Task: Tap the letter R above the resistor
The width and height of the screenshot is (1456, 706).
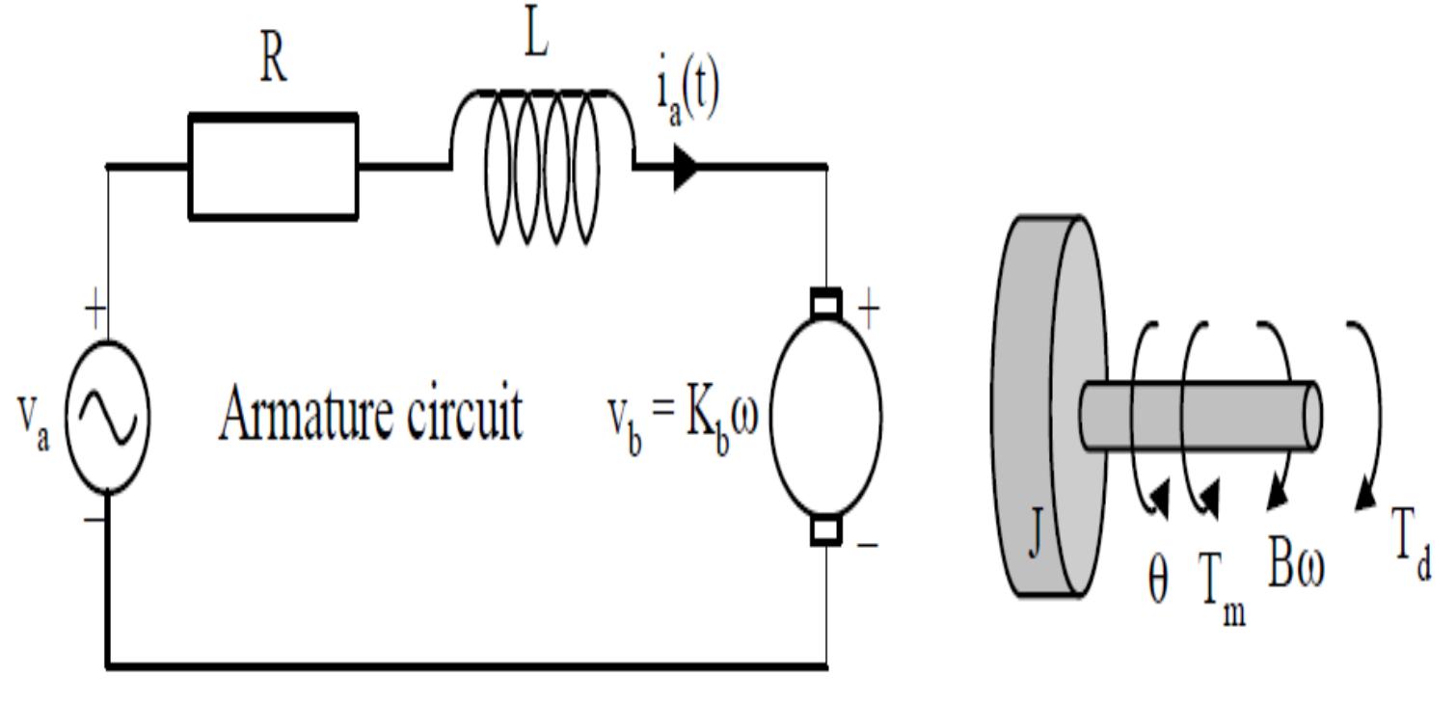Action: pos(273,61)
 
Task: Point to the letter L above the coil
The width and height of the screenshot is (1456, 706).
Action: pos(535,36)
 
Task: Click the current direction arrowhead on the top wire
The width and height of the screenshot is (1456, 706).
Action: pos(686,168)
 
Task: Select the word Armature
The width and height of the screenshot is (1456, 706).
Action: pos(307,414)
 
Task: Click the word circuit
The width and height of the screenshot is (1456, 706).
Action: pos(465,414)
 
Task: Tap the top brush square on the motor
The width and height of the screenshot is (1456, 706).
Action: pos(825,303)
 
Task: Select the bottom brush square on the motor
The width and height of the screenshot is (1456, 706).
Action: pos(825,530)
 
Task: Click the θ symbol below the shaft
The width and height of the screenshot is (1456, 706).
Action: pos(1158,578)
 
